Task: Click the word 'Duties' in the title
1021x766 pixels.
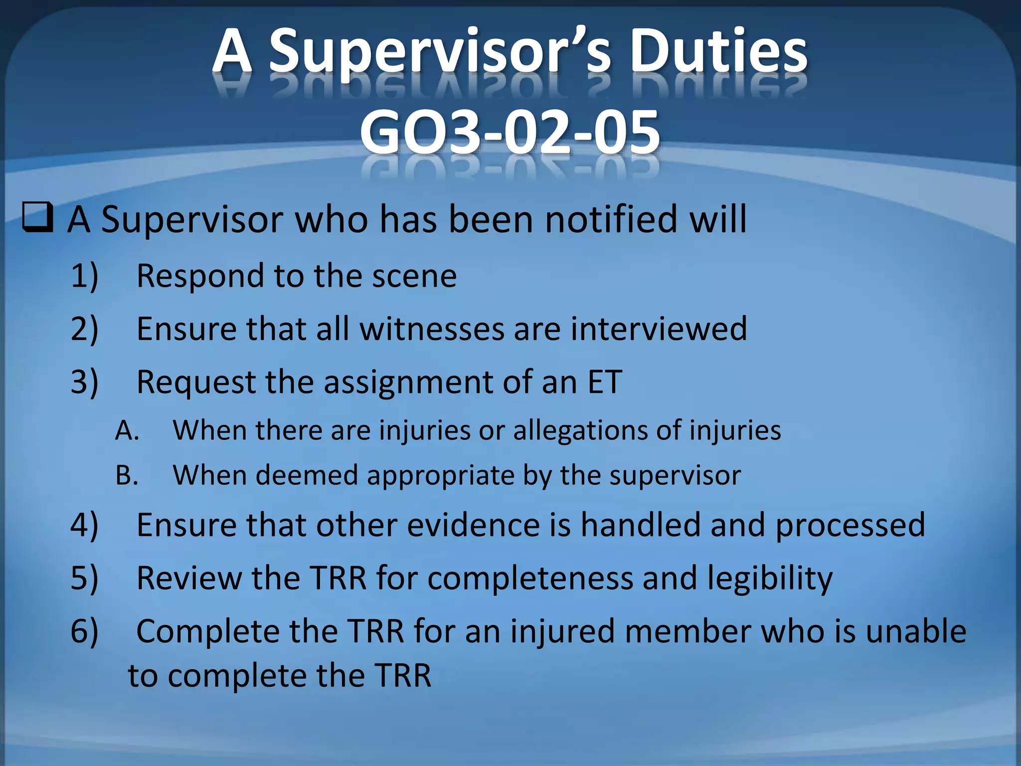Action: click(718, 51)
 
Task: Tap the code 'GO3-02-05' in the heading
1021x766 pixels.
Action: click(510, 133)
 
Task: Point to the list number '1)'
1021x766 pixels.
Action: click(84, 276)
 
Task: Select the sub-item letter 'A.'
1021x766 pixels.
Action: click(127, 430)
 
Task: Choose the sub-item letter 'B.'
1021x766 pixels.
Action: click(127, 475)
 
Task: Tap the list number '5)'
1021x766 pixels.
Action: click(84, 578)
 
